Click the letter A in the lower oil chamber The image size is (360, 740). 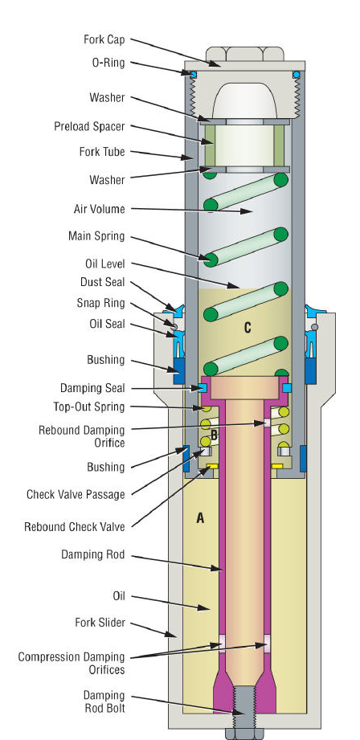(200, 518)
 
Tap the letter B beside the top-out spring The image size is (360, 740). (214, 435)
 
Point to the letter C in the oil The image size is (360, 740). (247, 328)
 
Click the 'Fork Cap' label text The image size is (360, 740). (104, 39)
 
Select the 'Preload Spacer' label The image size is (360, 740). (89, 126)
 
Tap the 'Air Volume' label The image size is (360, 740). (99, 209)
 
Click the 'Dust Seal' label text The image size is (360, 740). (102, 282)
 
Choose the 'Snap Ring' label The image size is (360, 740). (101, 303)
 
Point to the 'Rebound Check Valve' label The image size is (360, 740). (75, 527)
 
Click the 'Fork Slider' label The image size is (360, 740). (100, 623)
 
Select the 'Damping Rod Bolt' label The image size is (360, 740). (104, 701)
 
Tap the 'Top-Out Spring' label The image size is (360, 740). (89, 407)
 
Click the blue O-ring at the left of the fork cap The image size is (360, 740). (192, 74)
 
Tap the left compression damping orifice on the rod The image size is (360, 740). (221, 643)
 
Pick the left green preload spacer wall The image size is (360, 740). (209, 145)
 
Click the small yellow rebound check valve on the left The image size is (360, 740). (212, 466)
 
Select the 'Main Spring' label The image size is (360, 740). (96, 235)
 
